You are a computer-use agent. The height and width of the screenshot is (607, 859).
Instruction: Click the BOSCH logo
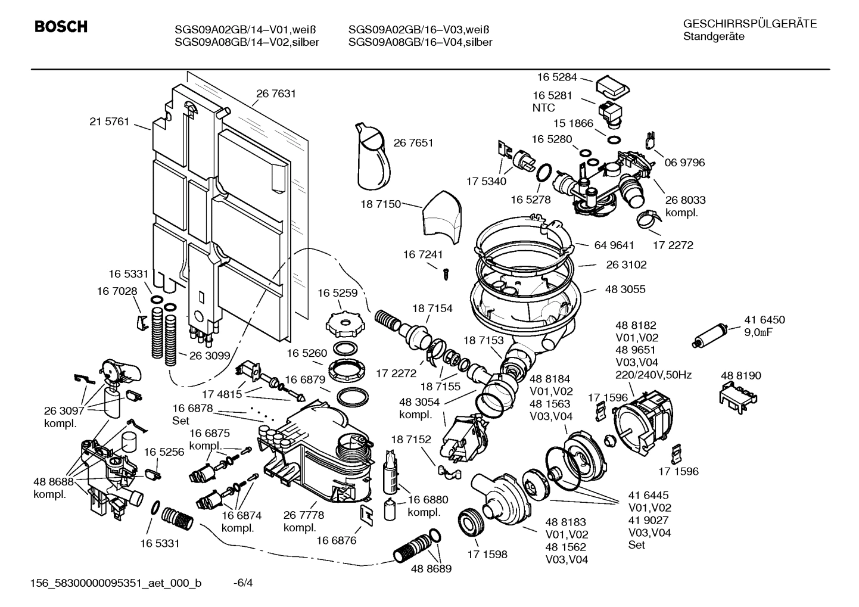(x=61, y=27)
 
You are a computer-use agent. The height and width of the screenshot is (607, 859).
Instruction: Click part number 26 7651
(x=413, y=142)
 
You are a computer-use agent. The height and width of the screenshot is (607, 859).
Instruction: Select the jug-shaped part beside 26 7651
(x=372, y=158)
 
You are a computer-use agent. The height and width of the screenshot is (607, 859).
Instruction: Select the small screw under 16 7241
(x=444, y=273)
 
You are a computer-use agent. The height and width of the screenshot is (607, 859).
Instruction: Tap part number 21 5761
(x=109, y=122)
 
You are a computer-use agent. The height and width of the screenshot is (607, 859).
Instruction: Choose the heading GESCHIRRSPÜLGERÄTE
(x=749, y=24)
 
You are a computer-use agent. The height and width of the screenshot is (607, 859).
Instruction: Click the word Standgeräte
(x=714, y=36)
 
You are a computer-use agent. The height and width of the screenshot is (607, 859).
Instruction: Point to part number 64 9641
(x=614, y=245)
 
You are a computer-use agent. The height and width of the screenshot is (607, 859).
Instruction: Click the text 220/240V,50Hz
(x=653, y=375)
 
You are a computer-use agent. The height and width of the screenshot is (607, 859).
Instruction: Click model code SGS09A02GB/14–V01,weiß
(x=245, y=30)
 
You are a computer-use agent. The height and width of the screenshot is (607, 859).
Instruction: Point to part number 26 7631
(x=276, y=94)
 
